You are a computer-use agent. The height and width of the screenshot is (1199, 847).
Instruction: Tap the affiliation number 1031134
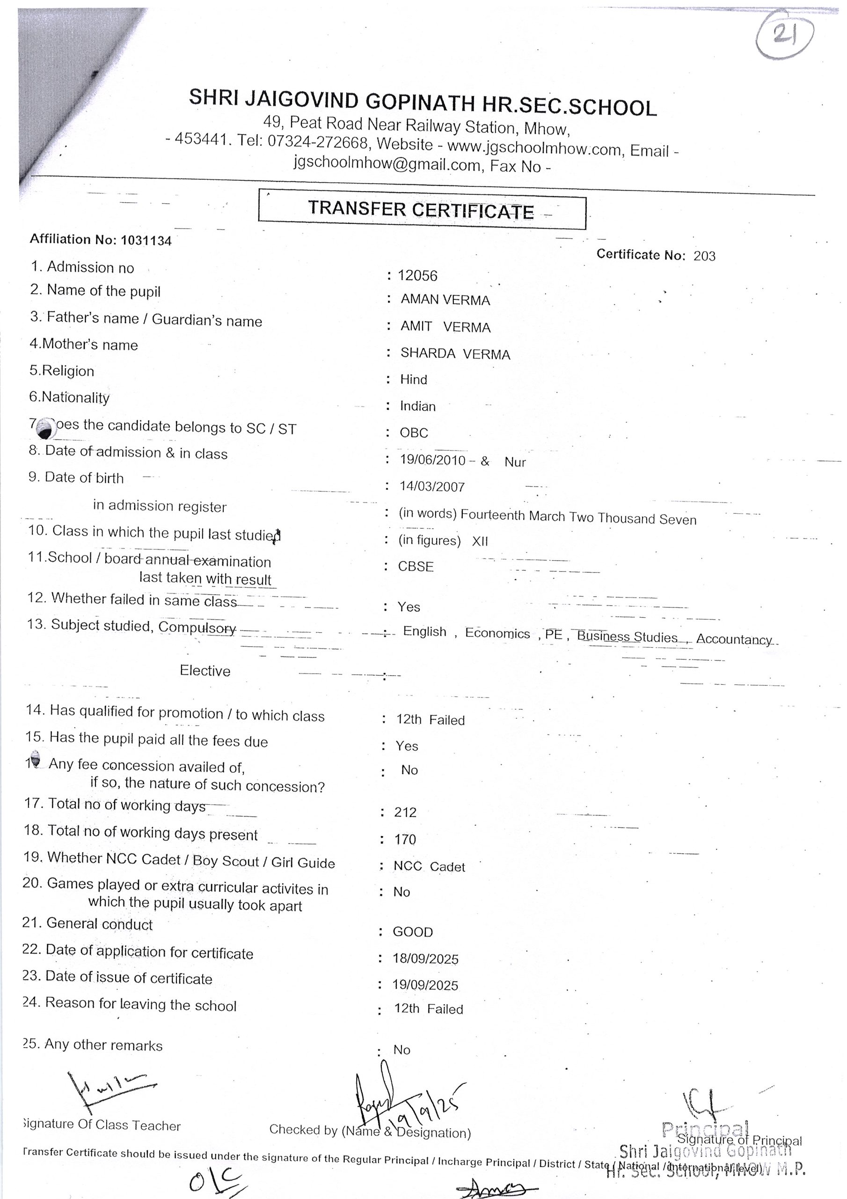pyautogui.click(x=146, y=241)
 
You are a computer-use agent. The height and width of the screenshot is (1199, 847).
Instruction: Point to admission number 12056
pyautogui.click(x=417, y=276)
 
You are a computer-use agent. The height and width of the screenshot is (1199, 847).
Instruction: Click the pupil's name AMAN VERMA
pyautogui.click(x=445, y=300)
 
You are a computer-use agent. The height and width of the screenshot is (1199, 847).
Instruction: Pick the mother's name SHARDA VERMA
pyautogui.click(x=455, y=354)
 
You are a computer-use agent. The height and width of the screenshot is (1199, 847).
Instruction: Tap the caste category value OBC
pyautogui.click(x=414, y=433)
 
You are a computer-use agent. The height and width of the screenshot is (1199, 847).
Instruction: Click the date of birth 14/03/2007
pyautogui.click(x=432, y=487)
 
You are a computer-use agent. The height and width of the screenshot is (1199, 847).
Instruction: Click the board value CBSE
pyautogui.click(x=416, y=567)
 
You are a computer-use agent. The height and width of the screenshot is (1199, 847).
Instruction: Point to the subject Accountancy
pyautogui.click(x=733, y=639)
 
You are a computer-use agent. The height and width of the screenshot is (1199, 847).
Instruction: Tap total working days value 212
pyautogui.click(x=406, y=812)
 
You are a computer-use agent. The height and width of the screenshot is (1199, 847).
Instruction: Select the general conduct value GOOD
pyautogui.click(x=413, y=932)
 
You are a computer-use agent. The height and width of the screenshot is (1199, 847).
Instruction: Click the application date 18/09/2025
pyautogui.click(x=425, y=959)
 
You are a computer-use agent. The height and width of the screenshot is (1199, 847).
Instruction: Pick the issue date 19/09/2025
pyautogui.click(x=425, y=985)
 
